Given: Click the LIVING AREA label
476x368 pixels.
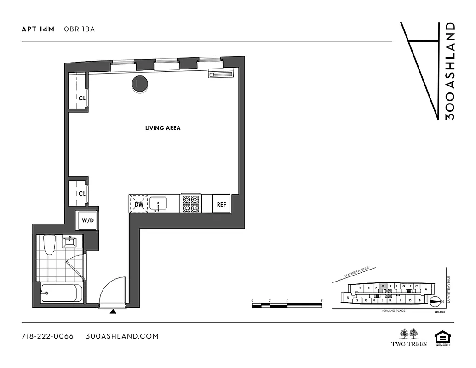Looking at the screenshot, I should click(x=163, y=128).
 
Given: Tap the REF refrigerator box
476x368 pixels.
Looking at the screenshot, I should click(x=221, y=204).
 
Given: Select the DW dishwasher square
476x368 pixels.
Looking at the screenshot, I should click(x=139, y=203).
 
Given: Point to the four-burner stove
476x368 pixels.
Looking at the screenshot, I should click(x=191, y=204).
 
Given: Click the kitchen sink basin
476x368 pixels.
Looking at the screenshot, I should click(x=159, y=203).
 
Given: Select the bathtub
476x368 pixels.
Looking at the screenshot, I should click(x=62, y=293).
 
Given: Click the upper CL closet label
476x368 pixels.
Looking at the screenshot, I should click(x=82, y=98).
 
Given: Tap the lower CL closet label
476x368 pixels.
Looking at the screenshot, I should click(x=82, y=194).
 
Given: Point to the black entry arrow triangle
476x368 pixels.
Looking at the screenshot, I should click(x=113, y=312).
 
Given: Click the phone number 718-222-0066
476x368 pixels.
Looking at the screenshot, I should click(x=47, y=336).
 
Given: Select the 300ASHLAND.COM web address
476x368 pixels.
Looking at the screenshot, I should click(x=122, y=336).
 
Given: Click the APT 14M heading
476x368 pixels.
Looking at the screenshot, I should click(x=38, y=29).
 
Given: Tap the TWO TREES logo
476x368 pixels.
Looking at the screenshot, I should click(x=409, y=338).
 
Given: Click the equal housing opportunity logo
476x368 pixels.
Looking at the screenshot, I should click(x=442, y=339).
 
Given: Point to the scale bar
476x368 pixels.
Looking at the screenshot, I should click(x=287, y=304).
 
